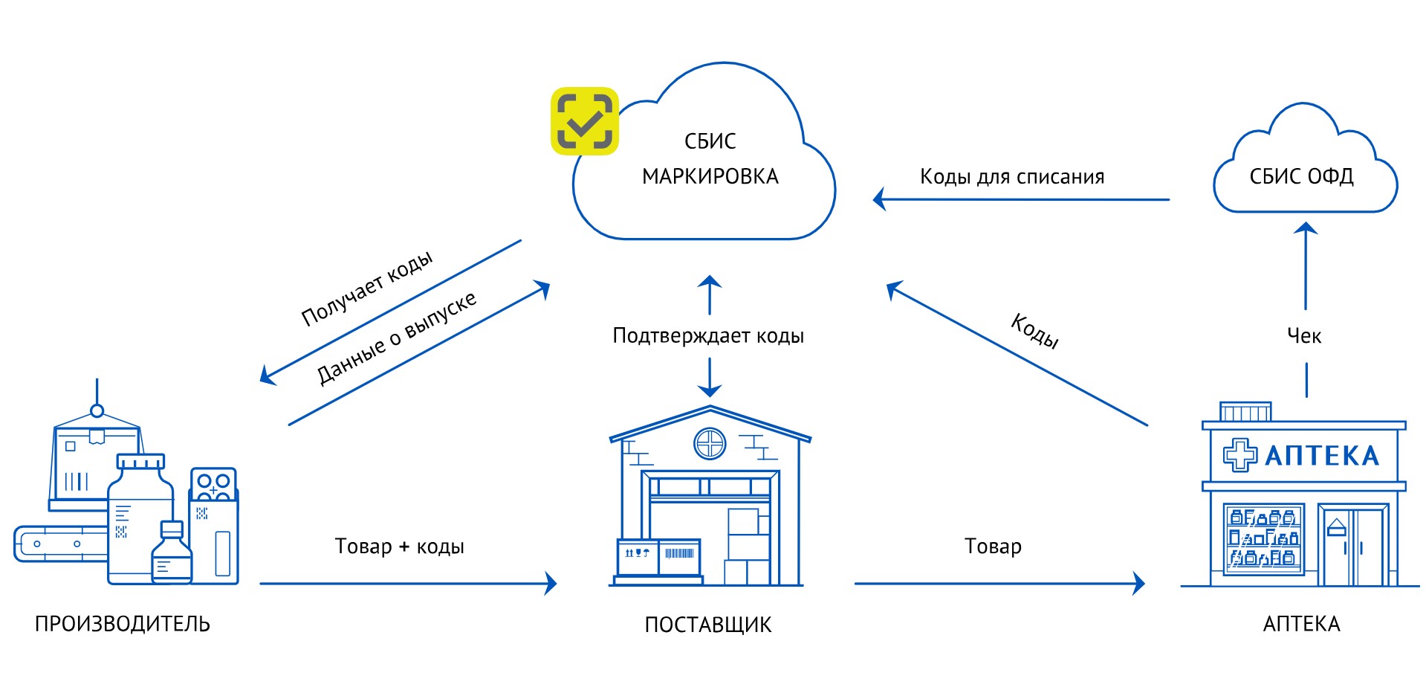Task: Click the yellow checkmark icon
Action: coord(585,121)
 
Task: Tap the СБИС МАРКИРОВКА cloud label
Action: coord(710,159)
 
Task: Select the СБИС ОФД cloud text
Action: coord(1301,176)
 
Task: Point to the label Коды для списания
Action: coord(1012,177)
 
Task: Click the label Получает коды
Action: coord(366,289)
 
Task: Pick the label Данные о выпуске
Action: coord(396,338)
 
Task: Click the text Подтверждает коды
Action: coord(708,336)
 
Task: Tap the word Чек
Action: coord(1304,336)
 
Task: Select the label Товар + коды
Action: coord(399,547)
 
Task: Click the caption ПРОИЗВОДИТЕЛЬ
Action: coord(123,624)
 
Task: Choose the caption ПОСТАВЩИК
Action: coord(708,625)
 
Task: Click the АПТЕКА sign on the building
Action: coord(1322,456)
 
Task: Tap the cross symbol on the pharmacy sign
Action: coord(1239,455)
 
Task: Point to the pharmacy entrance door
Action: coord(1352,547)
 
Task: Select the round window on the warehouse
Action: coord(710,444)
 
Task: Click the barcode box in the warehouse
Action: coord(679,555)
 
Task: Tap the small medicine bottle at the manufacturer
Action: coord(172,554)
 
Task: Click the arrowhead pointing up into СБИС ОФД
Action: coord(1306,228)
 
